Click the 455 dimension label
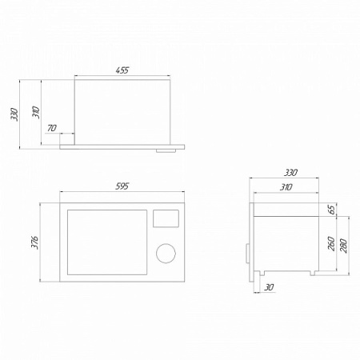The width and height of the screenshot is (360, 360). [x=122, y=70]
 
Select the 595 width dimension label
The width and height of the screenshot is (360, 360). [x=122, y=186]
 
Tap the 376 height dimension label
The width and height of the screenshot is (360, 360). [x=34, y=242]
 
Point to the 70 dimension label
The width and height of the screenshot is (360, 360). [x=52, y=128]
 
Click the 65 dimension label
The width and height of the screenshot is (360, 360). [x=332, y=210]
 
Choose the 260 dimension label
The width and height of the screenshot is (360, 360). [x=331, y=243]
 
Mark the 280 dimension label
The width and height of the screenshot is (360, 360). [x=344, y=246]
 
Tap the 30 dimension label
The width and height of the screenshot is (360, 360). [x=269, y=287]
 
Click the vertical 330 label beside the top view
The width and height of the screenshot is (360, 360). [x=14, y=114]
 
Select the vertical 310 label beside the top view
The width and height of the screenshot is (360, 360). [x=36, y=112]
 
